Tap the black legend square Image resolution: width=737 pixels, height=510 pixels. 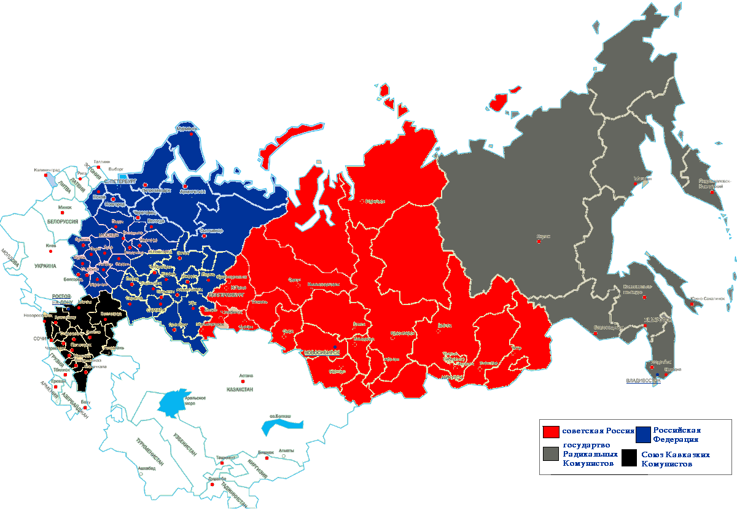point(629,459)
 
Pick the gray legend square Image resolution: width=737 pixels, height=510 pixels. point(551,454)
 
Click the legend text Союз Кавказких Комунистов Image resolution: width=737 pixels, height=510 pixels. point(676,460)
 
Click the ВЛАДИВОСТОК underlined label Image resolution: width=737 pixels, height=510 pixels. point(643,381)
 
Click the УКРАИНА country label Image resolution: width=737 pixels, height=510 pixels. point(45,266)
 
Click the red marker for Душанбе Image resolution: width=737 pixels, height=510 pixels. point(212,485)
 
